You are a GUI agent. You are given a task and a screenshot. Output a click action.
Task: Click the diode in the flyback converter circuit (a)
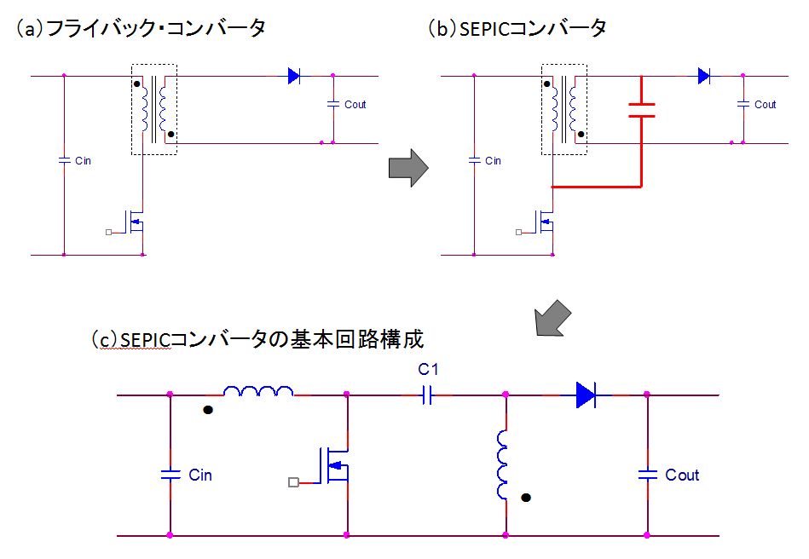(294, 76)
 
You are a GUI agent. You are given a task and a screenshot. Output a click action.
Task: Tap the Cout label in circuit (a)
(355, 105)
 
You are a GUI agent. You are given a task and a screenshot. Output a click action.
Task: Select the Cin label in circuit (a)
(83, 160)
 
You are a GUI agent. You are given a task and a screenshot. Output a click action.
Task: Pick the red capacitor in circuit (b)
(640, 109)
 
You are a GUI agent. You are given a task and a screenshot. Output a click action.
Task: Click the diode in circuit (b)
(704, 76)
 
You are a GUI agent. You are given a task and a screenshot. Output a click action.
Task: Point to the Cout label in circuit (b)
(765, 105)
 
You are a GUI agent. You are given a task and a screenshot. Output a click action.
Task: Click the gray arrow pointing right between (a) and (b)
(407, 168)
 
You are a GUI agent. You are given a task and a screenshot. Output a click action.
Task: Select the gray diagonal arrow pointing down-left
(550, 318)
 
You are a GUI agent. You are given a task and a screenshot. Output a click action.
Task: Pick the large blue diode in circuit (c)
(586, 394)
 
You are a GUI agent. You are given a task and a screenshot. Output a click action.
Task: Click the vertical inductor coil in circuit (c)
(504, 466)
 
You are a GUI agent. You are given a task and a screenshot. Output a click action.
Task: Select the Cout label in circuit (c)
(682, 475)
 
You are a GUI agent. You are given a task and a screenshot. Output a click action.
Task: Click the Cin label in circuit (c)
(200, 475)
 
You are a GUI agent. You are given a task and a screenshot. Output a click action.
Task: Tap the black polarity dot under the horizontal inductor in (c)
(207, 410)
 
